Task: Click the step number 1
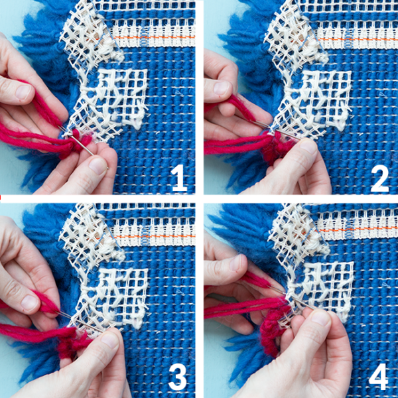[x=178, y=178]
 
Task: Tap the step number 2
[x=379, y=178]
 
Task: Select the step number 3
[x=178, y=376]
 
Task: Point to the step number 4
[x=379, y=376]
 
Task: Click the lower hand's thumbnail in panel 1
[x=98, y=164]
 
